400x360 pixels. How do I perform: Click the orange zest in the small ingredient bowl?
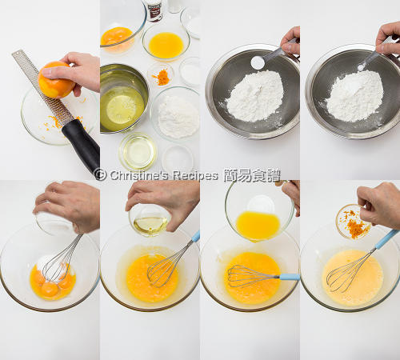pos(162,77)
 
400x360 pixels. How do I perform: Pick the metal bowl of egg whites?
pos(123,98)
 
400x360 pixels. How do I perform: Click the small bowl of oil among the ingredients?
pos(138,152)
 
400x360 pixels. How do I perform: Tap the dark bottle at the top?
pos(155,10)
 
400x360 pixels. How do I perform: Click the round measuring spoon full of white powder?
pos(258,62)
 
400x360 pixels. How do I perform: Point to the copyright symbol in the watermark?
pos(101,174)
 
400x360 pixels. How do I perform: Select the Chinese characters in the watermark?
pos(252,175)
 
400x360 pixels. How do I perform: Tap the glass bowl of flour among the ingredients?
pos(176,114)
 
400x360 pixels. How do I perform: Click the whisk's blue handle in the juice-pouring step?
pos(290,277)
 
